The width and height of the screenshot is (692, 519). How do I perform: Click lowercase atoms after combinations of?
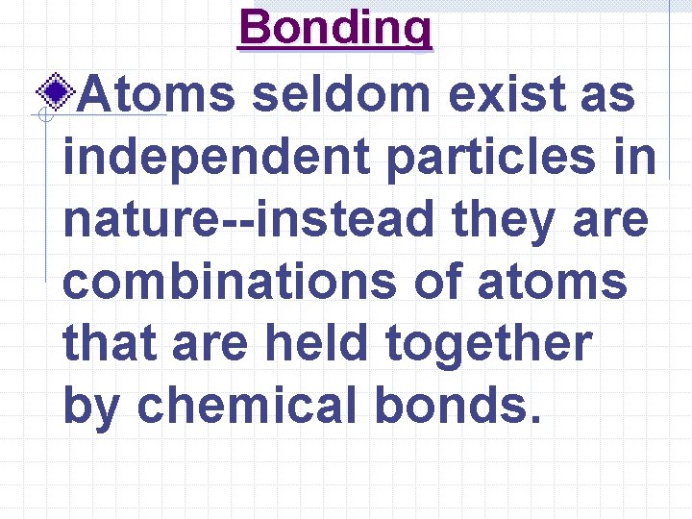click(x=559, y=284)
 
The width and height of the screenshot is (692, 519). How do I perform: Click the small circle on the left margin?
click(x=43, y=116)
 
